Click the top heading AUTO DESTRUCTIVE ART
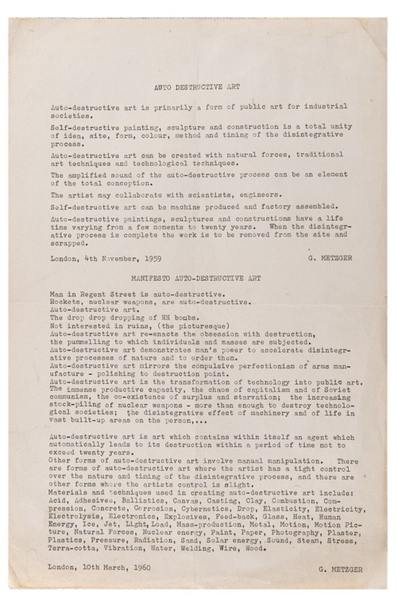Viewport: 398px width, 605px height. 197,87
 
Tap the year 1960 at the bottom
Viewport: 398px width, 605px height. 141,567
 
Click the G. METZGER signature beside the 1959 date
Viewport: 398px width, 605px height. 330,258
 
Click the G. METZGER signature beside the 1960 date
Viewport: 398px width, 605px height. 340,570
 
